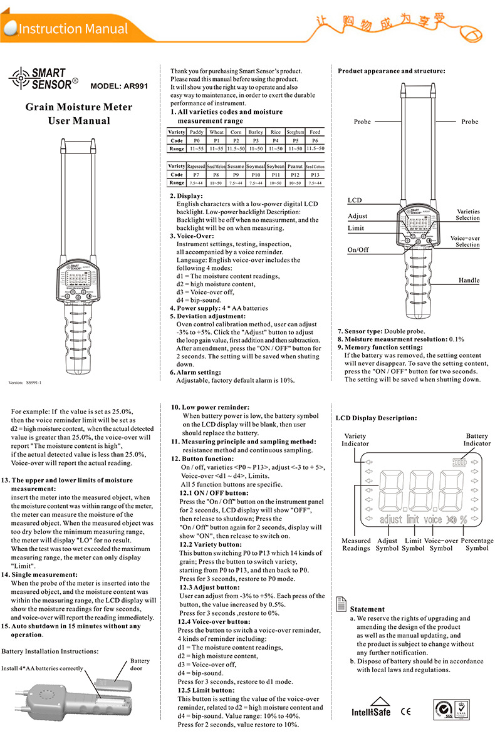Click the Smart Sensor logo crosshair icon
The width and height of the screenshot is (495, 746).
pos(19,78)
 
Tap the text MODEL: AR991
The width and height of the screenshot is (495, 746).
pos(119,86)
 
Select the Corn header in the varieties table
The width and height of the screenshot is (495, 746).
pos(236,132)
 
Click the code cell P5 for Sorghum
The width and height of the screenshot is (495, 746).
pos(295,141)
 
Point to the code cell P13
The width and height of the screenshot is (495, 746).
pos(315,174)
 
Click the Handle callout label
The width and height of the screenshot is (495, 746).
pos(469,281)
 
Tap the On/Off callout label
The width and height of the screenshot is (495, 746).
pos(358,249)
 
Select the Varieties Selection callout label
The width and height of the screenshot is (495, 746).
pos(468,215)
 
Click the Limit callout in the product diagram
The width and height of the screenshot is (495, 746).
pos(356,229)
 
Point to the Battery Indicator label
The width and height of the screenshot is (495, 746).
pos(477,440)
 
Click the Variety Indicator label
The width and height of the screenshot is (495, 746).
pos(355,440)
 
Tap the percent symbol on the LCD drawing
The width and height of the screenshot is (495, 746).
pos(464,519)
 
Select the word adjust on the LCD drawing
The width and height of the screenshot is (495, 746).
pos(391,519)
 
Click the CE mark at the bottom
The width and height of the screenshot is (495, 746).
pos(405,711)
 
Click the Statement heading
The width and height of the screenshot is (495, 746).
pos(367,609)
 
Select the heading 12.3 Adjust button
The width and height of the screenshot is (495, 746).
pos(209,588)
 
